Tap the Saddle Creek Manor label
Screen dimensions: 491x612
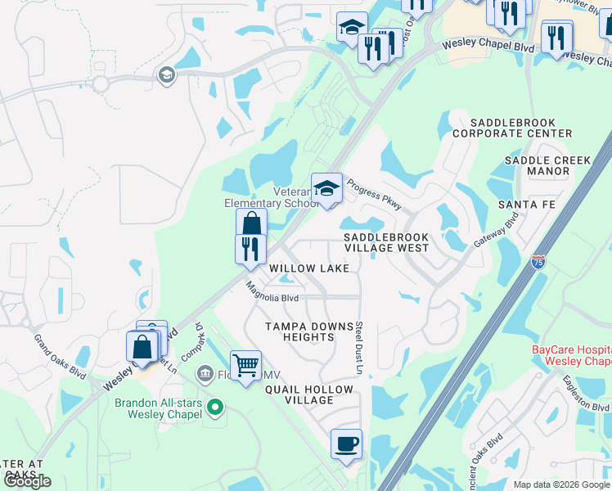click(x=537, y=166)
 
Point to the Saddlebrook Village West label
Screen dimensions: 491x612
click(x=385, y=241)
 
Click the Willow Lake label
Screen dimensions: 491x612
click(x=309, y=268)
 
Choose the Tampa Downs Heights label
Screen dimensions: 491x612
click(x=308, y=331)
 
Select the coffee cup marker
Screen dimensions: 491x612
click(x=346, y=444)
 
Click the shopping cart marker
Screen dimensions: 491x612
click(x=245, y=364)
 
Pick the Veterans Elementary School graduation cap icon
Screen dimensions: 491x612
click(x=326, y=188)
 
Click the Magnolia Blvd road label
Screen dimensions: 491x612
click(x=273, y=292)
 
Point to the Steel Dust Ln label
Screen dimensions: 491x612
click(x=358, y=348)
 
